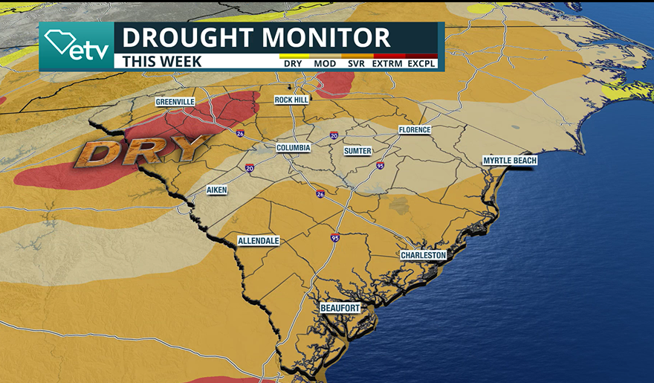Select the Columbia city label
293,148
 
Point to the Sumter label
357,151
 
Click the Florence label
414,130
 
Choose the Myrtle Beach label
509,161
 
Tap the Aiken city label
217,190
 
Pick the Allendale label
259,242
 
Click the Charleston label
423,255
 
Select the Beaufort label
340,308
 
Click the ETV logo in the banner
77,46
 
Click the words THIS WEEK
162,62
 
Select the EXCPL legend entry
421,63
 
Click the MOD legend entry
325,63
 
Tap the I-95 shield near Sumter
380,165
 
